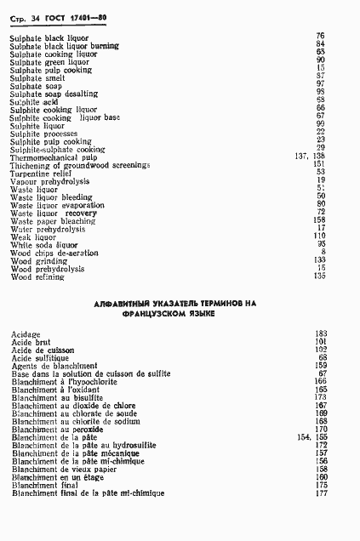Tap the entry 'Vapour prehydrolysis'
[x=47, y=181]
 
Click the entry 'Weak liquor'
[x=34, y=236]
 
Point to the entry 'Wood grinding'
[x=38, y=260]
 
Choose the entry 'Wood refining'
[x=37, y=276]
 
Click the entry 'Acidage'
[x=26, y=333]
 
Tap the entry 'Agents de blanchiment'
[x=55, y=365]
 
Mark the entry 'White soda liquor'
[x=46, y=244]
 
